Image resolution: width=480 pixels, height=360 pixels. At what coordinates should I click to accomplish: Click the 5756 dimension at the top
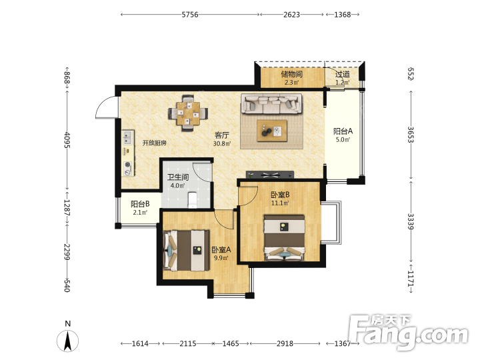[190, 15]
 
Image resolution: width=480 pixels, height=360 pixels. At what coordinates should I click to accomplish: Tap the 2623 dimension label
[291, 15]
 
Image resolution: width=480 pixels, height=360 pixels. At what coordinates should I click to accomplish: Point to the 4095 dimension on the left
[67, 140]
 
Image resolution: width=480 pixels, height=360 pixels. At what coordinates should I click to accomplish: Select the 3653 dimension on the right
[411, 135]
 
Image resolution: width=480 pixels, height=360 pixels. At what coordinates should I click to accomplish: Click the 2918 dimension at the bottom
[285, 343]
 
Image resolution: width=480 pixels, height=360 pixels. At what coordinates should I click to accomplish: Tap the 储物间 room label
[292, 74]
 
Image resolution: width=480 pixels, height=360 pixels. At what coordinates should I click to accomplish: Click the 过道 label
[343, 74]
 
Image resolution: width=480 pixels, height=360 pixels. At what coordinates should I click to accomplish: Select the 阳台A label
[343, 131]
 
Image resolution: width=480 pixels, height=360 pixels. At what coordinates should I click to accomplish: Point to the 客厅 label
[222, 135]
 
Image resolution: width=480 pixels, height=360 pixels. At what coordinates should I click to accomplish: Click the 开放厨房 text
[154, 143]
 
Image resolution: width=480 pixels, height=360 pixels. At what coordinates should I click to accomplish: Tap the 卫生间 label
[178, 177]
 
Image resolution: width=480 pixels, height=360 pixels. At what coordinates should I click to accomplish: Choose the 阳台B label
[140, 204]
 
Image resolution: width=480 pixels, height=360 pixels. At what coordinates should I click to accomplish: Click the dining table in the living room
[188, 113]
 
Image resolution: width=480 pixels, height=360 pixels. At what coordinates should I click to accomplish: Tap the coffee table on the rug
[272, 131]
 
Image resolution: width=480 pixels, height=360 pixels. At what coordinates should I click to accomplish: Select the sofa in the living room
[271, 104]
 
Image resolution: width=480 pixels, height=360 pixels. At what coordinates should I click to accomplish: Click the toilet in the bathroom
[193, 199]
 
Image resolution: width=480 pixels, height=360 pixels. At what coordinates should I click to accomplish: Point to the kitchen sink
[127, 137]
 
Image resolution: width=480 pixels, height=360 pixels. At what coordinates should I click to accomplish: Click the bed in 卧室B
[285, 238]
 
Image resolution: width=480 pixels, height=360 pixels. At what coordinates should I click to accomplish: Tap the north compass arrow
[67, 341]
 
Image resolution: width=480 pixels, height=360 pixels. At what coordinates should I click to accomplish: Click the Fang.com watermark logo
[409, 332]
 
